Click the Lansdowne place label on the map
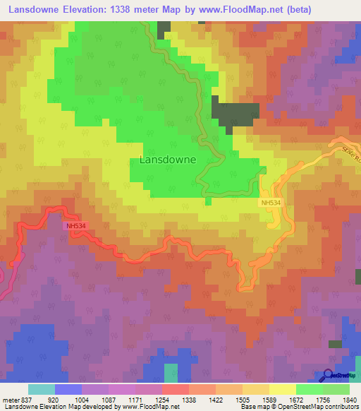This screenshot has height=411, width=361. tap(168, 160)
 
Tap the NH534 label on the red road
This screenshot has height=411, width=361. tap(75, 226)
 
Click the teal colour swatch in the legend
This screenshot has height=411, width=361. tap(42, 389)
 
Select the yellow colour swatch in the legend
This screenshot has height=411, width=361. tap(282, 389)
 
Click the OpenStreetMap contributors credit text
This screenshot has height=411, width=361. tap(318, 407)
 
